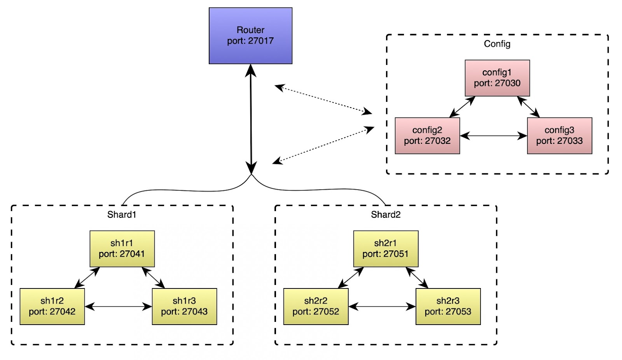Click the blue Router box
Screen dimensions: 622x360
(250, 36)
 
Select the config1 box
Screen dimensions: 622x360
(497, 78)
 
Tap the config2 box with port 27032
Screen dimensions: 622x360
(427, 136)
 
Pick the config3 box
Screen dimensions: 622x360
(559, 136)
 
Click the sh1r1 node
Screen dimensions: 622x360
(122, 248)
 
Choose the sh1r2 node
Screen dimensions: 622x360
(52, 306)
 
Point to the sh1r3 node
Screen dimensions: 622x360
(184, 306)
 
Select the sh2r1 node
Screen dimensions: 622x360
(386, 248)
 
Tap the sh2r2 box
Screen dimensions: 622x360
(316, 306)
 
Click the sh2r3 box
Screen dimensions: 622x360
(448, 306)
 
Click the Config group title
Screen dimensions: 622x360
(497, 44)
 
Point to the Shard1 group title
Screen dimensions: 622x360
(122, 215)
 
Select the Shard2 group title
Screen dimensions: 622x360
(386, 215)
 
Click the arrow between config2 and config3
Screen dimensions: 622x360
(493, 136)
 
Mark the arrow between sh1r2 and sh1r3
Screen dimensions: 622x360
(118, 307)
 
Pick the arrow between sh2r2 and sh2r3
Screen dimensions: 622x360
(382, 307)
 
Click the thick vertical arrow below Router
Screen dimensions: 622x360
(251, 119)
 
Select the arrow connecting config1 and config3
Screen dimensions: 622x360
(528, 107)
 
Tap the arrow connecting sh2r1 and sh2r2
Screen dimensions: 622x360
(351, 278)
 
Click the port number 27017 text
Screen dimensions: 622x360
(261, 41)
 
